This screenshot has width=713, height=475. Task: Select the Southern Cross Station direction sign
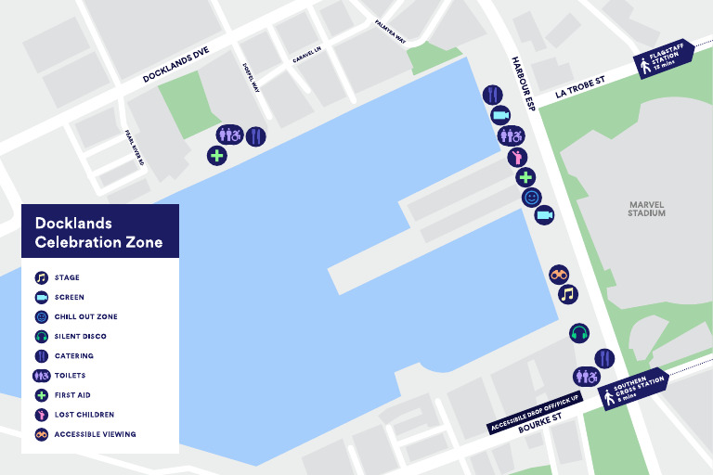click(636, 388)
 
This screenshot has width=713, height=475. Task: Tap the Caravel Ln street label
click(305, 58)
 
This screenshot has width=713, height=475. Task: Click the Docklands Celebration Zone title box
click(99, 231)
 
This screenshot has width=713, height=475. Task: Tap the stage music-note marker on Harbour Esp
click(568, 294)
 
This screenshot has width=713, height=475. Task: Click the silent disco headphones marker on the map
click(579, 332)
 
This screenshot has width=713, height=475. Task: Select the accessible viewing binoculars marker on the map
click(559, 274)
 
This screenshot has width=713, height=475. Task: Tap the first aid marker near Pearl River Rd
click(217, 155)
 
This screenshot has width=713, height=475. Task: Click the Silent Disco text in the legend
click(80, 336)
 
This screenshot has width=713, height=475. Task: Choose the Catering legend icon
click(41, 355)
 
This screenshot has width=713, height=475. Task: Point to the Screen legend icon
click(41, 297)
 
